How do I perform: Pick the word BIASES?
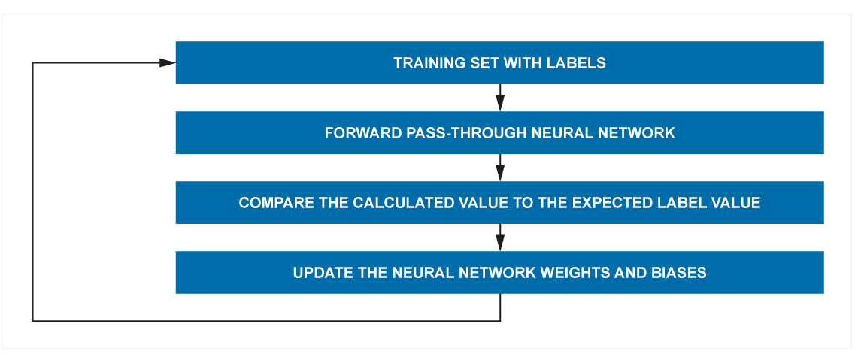[684, 272]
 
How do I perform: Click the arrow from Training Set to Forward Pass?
[500, 98]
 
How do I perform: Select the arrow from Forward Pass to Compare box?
[500, 167]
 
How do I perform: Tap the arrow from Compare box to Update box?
[500, 237]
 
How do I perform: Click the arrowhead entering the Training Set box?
[168, 63]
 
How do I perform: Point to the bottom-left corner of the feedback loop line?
[33, 321]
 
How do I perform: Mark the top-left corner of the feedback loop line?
[33, 63]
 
